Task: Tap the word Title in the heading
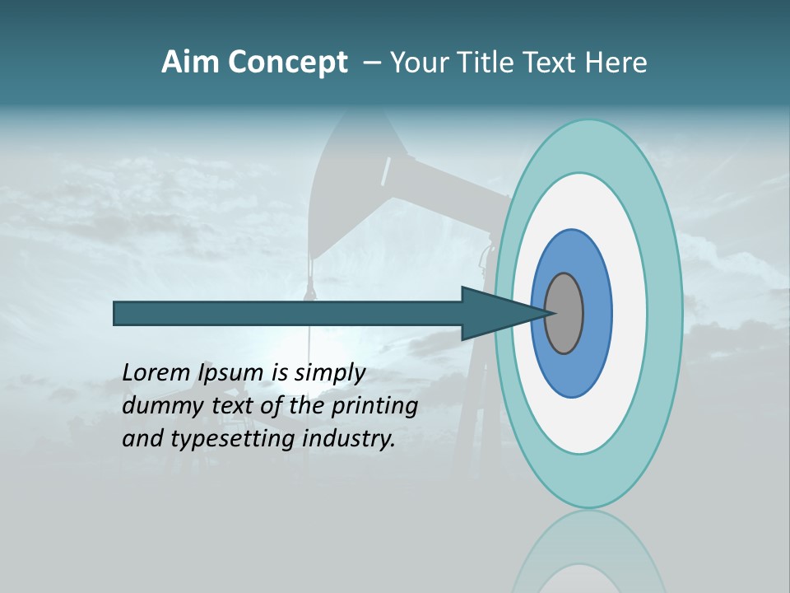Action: point(486,63)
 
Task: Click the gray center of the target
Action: point(565,313)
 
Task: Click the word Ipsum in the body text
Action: point(231,373)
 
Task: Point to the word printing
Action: point(374,406)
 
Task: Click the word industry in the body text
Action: point(349,439)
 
